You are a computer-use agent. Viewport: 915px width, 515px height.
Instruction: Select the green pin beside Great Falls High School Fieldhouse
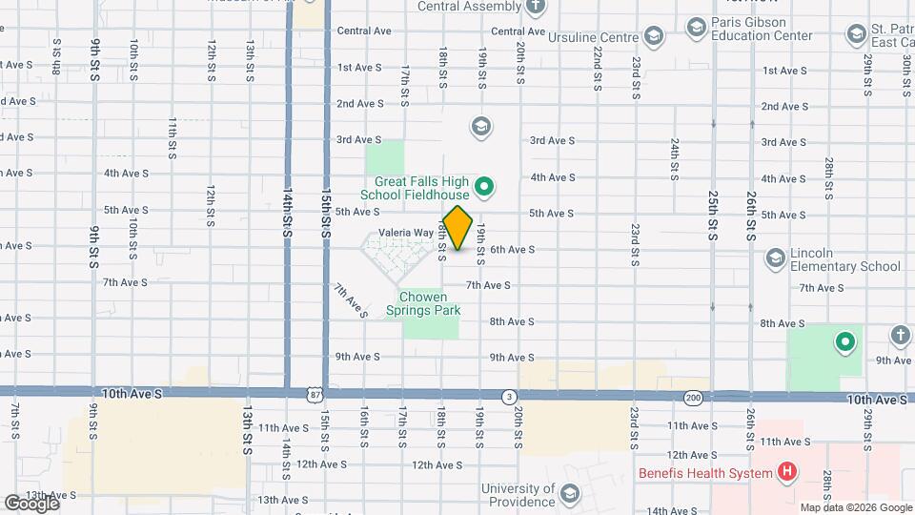483,187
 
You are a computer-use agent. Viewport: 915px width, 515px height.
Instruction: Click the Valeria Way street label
406,233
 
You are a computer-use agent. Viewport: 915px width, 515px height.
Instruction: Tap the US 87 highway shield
315,394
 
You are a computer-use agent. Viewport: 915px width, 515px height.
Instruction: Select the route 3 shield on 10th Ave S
510,396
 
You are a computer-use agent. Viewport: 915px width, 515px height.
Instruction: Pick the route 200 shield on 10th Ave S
693,396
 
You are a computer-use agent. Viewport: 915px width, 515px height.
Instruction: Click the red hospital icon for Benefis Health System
786,470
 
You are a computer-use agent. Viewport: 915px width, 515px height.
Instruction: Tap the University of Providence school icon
570,494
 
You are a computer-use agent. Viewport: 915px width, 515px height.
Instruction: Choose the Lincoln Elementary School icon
774,257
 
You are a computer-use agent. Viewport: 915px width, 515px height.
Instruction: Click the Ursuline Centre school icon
653,37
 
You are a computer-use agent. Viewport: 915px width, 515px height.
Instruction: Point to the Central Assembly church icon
536,7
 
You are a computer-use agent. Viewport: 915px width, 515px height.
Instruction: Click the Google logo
30,503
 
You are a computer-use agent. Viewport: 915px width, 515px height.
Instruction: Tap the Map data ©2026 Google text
855,507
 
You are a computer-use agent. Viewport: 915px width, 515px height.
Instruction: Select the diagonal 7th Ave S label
350,299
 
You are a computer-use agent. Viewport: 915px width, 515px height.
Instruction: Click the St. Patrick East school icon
855,35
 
